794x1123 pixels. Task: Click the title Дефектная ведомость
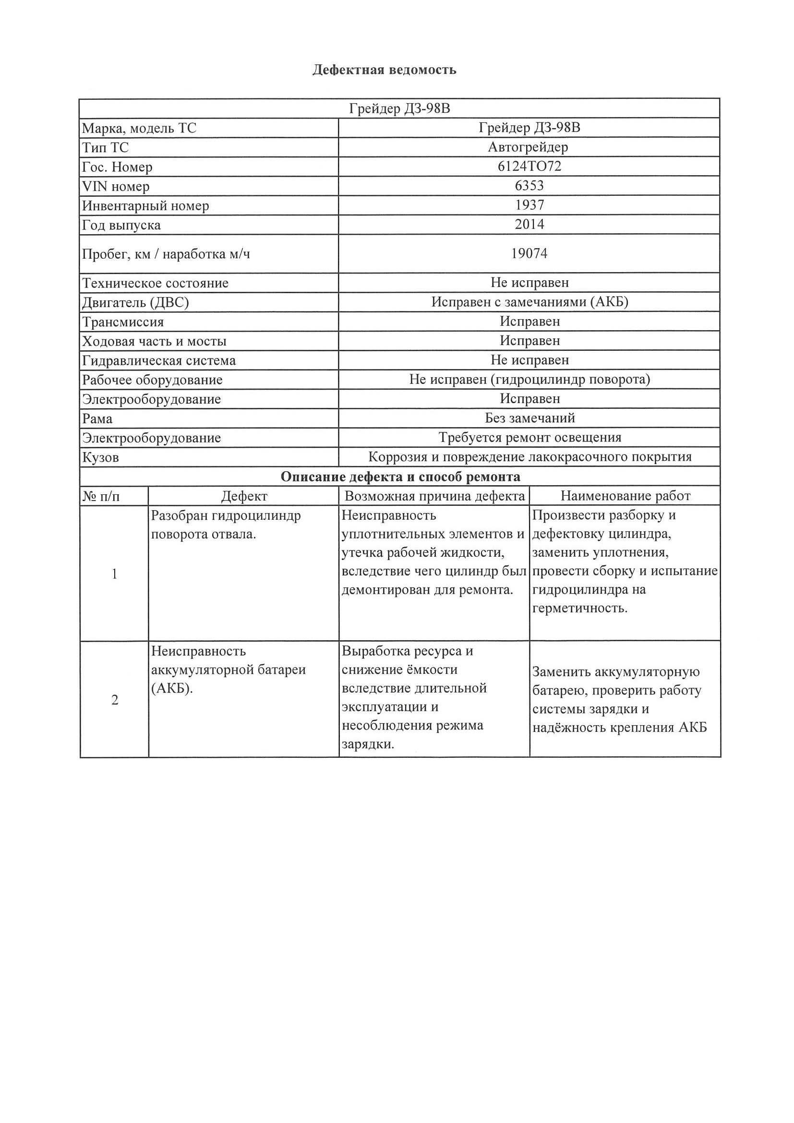[384, 70]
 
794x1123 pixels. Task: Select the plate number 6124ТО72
[529, 167]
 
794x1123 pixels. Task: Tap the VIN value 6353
[529, 186]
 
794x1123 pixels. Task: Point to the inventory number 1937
[529, 205]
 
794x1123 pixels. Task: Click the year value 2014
[529, 225]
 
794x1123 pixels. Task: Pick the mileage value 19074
[529, 253]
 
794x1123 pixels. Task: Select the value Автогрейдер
[529, 147]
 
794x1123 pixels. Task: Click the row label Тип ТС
[105, 148]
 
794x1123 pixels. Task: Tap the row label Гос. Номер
[118, 167]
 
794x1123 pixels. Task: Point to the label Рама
[97, 418]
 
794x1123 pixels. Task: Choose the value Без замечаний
[530, 418]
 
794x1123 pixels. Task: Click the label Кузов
[100, 457]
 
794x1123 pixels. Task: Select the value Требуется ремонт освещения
[530, 437]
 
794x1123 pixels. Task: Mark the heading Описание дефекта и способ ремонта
[400, 477]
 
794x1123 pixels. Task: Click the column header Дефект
[244, 496]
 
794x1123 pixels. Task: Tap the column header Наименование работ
[625, 496]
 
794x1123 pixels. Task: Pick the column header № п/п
[101, 496]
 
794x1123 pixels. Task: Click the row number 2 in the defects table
[114, 700]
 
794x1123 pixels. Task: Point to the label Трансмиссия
[123, 322]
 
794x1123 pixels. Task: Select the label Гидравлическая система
[159, 360]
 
